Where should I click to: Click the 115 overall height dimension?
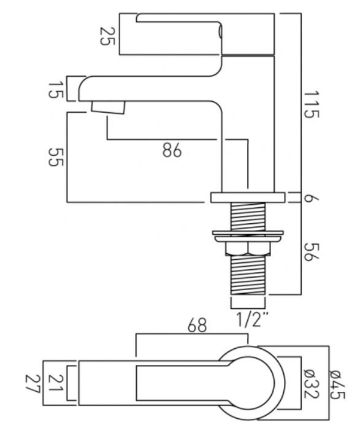pyautogui.click(x=312, y=104)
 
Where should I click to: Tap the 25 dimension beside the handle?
pyautogui.click(x=107, y=36)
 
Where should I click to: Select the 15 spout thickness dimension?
pyautogui.click(x=55, y=90)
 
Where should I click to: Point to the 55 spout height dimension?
pyautogui.click(x=55, y=157)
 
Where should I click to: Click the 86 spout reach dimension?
pyautogui.click(x=172, y=150)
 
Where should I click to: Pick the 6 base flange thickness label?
pyautogui.click(x=312, y=198)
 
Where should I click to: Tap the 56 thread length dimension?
pyautogui.click(x=312, y=252)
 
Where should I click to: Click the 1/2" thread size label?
pyautogui.click(x=253, y=319)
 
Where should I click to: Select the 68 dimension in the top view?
pyautogui.click(x=197, y=325)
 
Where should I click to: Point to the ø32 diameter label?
pyautogui.click(x=312, y=384)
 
